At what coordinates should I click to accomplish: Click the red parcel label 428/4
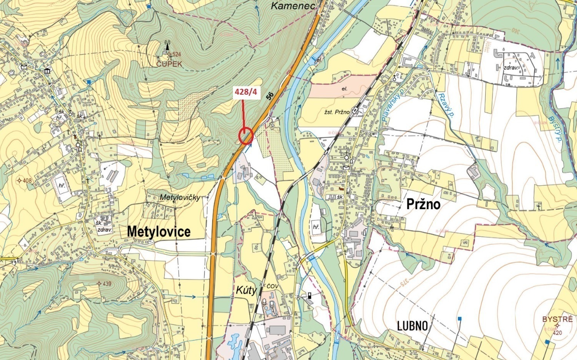245,93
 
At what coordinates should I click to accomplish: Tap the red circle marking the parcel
246,136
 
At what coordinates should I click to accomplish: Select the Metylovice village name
158,232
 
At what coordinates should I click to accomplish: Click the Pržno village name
423,204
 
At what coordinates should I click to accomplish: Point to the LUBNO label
412,326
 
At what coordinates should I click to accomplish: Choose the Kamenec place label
293,5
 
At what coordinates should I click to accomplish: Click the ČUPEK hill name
169,64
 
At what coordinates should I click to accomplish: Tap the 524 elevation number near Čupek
176,55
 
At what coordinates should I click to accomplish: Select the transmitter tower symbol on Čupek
167,46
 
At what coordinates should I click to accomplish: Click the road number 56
270,96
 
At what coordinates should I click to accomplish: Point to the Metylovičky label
180,197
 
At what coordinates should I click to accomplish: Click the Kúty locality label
246,290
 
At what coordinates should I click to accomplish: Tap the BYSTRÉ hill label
557,319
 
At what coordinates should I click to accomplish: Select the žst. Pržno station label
337,112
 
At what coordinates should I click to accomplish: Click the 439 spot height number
107,284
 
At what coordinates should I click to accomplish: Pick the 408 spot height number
27,180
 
